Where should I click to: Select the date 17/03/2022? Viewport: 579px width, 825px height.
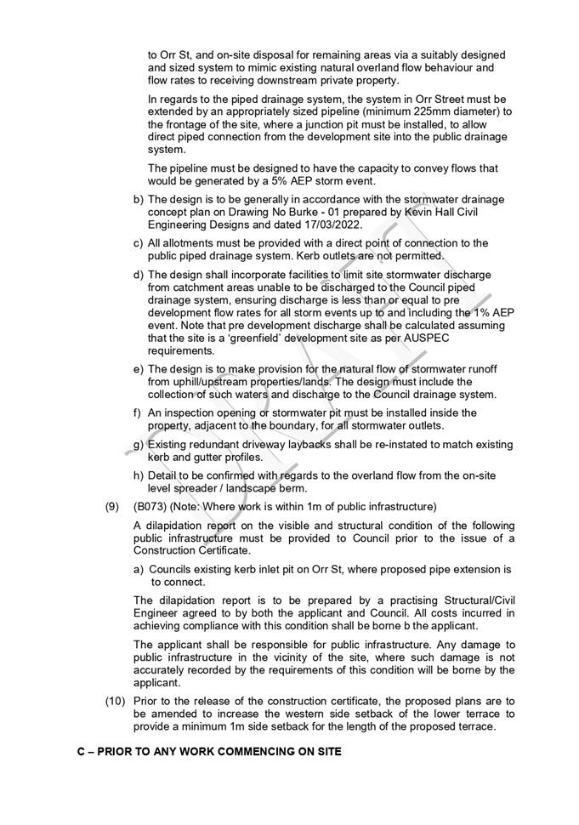328,225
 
